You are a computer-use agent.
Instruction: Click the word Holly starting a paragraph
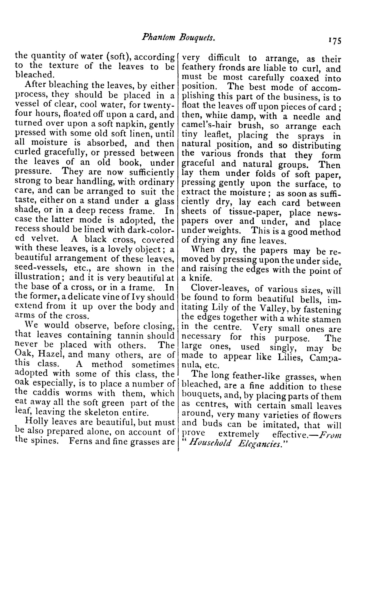tap(37, 422)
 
